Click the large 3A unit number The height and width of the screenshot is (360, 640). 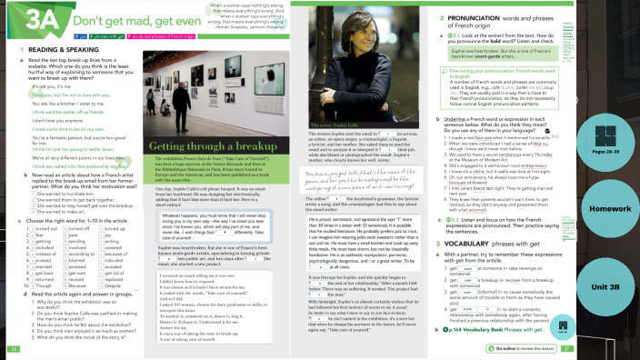click(x=28, y=16)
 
